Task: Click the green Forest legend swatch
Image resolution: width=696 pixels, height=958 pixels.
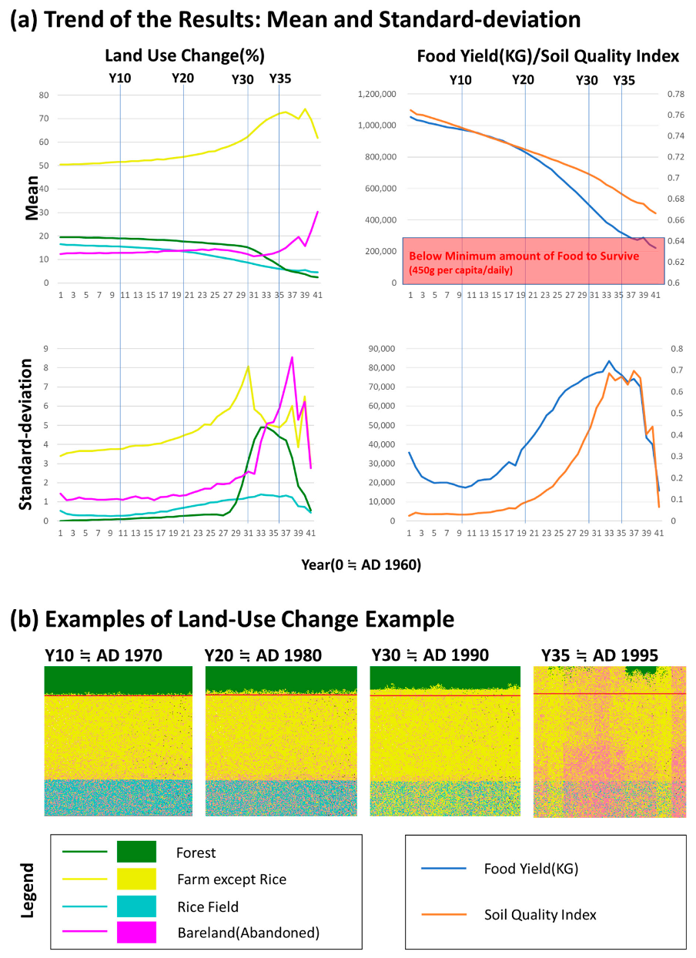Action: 136,852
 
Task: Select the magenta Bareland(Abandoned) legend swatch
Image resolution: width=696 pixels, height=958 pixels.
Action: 136,932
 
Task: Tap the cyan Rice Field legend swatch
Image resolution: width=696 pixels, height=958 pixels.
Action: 136,906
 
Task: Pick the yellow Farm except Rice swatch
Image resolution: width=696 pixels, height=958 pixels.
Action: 136,879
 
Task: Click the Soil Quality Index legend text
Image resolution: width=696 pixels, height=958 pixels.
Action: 540,915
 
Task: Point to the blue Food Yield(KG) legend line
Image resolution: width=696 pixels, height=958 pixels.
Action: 444,869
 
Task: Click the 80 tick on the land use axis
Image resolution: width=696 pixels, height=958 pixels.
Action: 43,95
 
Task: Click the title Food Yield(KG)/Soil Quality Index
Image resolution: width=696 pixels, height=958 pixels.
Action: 547,56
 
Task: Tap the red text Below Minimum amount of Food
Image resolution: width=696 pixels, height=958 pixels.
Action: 524,256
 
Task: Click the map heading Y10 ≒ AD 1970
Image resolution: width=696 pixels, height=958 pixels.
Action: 103,655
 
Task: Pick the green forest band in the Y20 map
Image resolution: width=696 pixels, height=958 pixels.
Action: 281,678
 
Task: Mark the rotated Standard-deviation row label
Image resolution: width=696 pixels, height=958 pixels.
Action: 25,436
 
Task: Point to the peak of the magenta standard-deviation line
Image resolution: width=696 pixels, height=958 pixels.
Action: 292,357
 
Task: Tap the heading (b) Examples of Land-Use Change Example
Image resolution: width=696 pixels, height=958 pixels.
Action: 231,619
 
